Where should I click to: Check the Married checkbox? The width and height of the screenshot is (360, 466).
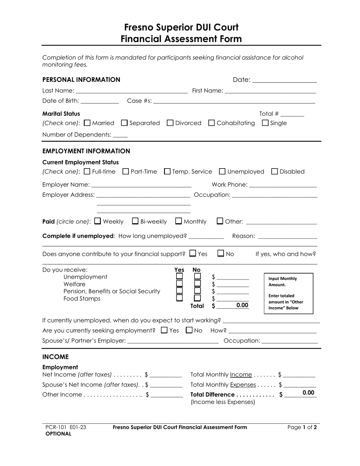click(87, 123)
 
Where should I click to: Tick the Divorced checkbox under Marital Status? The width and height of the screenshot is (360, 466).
click(170, 123)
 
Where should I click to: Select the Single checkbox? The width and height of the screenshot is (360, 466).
click(265, 123)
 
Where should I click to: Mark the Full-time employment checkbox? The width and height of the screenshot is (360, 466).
click(87, 172)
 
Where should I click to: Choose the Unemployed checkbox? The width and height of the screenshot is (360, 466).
click(222, 172)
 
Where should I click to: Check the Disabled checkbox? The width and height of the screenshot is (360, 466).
click(275, 172)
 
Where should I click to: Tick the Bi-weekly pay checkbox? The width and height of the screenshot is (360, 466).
click(135, 221)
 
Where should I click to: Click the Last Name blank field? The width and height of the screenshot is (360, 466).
click(131, 91)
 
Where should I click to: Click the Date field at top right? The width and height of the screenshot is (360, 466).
click(284, 80)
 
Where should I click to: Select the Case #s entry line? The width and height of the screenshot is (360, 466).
click(234, 101)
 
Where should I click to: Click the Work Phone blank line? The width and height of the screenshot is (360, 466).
click(283, 185)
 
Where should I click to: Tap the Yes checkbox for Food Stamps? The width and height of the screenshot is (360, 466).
click(180, 298)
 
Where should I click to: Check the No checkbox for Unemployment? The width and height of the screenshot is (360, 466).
click(197, 277)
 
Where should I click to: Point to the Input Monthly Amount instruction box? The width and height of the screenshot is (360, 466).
click(288, 294)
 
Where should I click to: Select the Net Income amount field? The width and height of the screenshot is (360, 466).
click(166, 375)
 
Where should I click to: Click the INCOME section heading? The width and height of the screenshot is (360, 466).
click(55, 357)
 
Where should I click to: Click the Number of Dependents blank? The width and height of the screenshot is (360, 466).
click(120, 135)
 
